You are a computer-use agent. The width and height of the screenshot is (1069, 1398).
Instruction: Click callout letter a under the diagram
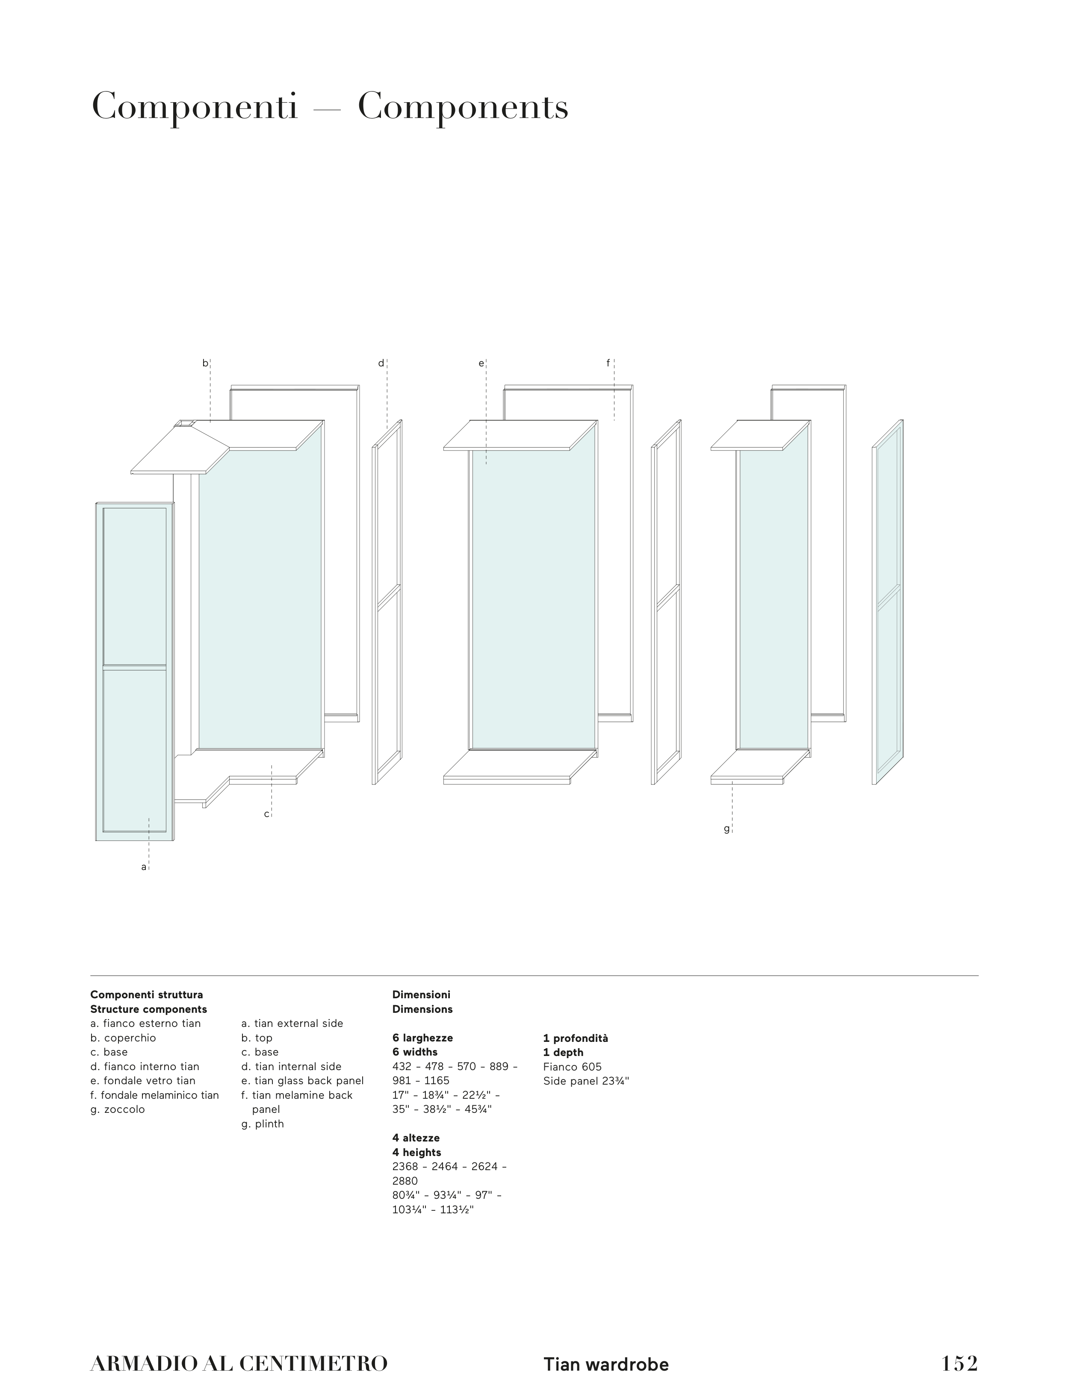coord(144,867)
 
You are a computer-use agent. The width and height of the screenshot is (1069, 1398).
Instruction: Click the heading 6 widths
coord(415,1052)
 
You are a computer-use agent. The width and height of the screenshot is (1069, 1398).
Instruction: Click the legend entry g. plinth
coord(262,1124)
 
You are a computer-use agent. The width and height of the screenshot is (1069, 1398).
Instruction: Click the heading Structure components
coord(148,1009)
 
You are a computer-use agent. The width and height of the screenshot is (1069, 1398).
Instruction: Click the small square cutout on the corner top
coord(186,423)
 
